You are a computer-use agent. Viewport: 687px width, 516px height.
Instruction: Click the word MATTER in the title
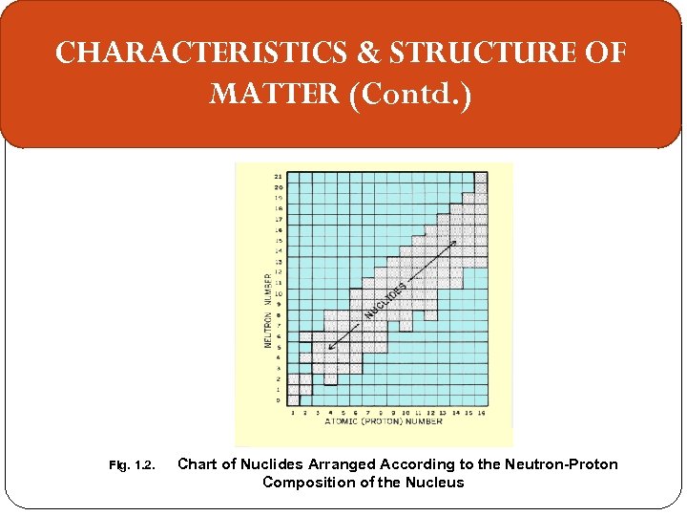274,95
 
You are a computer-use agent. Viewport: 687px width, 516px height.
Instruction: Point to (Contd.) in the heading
411,95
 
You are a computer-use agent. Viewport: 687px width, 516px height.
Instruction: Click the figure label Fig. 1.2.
132,465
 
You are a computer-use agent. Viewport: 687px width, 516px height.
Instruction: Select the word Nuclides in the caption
276,464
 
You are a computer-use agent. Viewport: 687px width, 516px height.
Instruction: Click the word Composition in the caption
308,483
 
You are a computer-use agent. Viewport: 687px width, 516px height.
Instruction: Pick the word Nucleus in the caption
435,483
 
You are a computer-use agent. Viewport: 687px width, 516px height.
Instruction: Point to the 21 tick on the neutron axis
278,177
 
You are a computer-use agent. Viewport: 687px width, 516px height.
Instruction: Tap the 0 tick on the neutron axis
279,400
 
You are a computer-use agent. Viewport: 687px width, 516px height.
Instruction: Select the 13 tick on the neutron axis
278,261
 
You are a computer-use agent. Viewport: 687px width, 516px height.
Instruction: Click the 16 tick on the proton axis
481,412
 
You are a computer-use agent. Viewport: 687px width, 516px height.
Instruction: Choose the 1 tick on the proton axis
292,412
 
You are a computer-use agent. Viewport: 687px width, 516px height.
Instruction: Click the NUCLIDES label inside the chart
386,300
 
